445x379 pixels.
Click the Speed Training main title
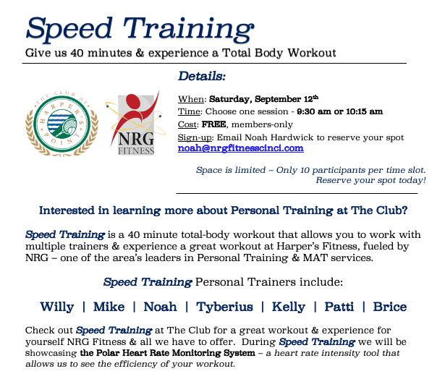click(140, 30)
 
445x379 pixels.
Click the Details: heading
click(202, 76)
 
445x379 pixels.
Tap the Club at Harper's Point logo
click(62, 124)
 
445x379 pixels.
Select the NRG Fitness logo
click(135, 123)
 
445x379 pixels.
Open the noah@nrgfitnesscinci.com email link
click(241, 148)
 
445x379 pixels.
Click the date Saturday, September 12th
click(263, 98)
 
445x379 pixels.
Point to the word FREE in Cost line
click(213, 124)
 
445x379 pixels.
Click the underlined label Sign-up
click(195, 137)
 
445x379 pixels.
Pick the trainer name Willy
click(57, 307)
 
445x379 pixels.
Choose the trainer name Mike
click(109, 307)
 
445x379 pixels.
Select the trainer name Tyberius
click(224, 307)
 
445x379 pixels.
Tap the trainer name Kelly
click(289, 307)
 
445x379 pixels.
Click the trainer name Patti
click(339, 307)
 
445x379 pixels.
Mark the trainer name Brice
click(390, 307)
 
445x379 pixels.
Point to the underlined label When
click(191, 99)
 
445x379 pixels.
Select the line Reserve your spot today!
click(371, 180)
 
